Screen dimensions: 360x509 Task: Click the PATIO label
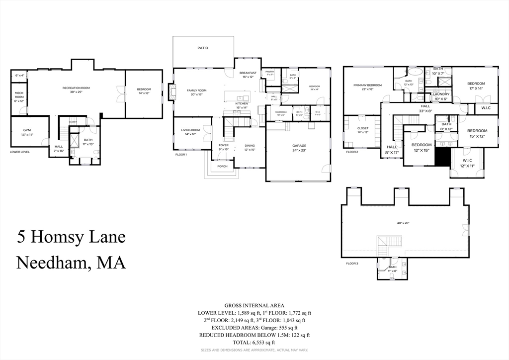pyautogui.click(x=202, y=48)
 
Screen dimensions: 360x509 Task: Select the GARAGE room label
pyautogui.click(x=299, y=146)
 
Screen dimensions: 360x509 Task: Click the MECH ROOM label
pyautogui.click(x=19, y=95)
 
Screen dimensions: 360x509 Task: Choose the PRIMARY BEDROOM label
pyautogui.click(x=367, y=86)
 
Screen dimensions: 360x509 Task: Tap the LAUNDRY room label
pyautogui.click(x=441, y=94)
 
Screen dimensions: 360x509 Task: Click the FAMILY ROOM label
pyautogui.click(x=196, y=90)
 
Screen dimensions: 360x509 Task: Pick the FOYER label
pyautogui.click(x=224, y=145)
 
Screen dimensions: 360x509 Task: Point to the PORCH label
pyautogui.click(x=222, y=167)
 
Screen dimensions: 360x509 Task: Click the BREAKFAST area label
pyautogui.click(x=248, y=74)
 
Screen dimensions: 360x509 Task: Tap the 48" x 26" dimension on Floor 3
pyautogui.click(x=403, y=223)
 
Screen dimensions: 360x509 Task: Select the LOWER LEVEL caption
pyautogui.click(x=19, y=152)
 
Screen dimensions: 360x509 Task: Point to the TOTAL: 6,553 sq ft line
pyautogui.click(x=254, y=342)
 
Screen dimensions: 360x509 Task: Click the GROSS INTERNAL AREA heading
pyautogui.click(x=254, y=305)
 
